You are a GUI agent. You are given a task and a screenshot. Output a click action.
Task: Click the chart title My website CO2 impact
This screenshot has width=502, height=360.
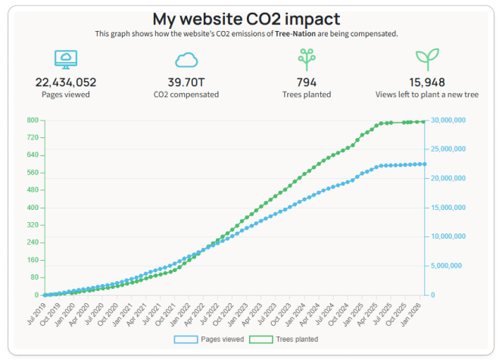tap(246, 19)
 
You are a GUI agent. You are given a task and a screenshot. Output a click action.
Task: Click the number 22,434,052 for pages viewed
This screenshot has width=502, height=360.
tap(66, 82)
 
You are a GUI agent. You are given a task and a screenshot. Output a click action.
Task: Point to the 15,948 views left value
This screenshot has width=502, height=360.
tap(427, 82)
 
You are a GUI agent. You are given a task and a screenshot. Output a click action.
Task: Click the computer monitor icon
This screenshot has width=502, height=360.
tap(66, 59)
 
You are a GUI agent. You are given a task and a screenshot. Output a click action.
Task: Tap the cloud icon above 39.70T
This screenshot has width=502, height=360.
tap(187, 60)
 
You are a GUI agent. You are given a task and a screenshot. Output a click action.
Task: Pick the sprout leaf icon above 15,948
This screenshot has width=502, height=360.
tap(427, 59)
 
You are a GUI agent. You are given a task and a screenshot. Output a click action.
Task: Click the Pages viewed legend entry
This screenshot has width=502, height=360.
tap(210, 340)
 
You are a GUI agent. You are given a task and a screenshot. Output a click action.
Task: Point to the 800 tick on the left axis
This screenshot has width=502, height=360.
tap(33, 121)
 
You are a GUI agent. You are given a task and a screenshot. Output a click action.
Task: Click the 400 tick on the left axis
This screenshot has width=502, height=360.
tap(33, 208)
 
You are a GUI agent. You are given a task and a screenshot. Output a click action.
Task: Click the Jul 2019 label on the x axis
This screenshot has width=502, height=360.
tap(36, 312)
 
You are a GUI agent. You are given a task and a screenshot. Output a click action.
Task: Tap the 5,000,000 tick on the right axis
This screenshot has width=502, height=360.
tap(447, 266)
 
